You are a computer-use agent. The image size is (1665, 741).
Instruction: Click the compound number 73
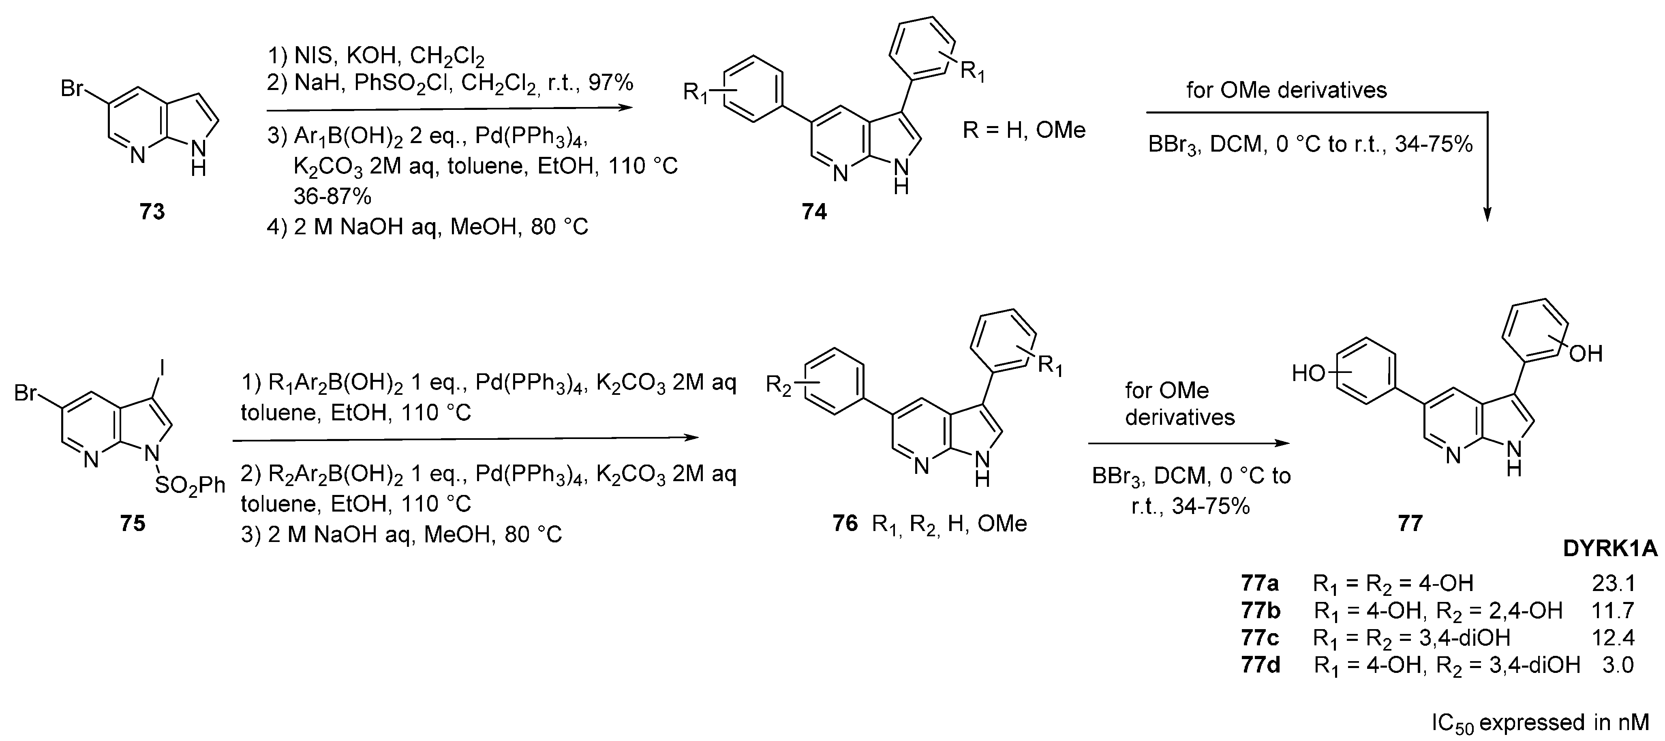[x=152, y=212]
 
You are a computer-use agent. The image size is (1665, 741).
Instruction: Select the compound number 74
[x=814, y=212]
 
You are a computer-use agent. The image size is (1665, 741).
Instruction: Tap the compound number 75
[x=133, y=523]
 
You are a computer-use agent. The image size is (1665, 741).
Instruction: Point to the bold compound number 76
[x=845, y=523]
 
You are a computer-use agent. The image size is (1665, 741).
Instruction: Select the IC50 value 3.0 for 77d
[x=1618, y=665]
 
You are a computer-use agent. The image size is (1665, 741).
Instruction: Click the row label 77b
[x=1261, y=610]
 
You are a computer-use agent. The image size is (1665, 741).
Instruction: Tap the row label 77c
[x=1261, y=638]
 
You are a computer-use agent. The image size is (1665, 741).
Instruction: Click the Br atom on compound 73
[x=73, y=88]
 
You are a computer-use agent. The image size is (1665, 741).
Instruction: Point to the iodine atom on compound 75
[x=162, y=369]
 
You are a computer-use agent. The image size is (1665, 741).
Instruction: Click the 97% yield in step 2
[x=611, y=83]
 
